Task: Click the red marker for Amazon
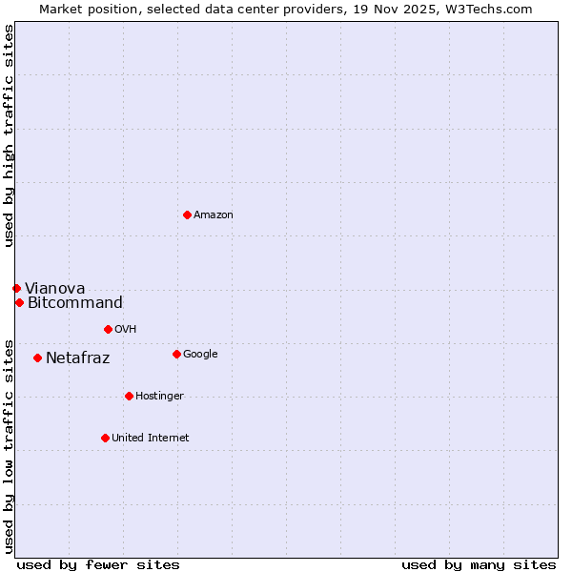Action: click(187, 214)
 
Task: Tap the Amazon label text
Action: click(214, 215)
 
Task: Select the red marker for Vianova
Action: click(16, 288)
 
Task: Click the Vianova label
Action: click(55, 289)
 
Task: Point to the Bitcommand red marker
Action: click(19, 302)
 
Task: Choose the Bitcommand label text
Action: click(75, 303)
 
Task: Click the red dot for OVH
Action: click(108, 329)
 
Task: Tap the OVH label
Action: click(126, 330)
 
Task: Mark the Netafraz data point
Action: click(37, 357)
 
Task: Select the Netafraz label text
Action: click(78, 358)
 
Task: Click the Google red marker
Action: click(176, 354)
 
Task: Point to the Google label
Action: click(200, 355)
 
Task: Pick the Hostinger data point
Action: click(129, 396)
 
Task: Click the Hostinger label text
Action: click(159, 397)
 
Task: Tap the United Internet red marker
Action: click(105, 438)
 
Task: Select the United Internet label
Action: click(151, 439)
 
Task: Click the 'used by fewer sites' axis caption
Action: click(98, 564)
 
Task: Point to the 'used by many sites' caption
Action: click(479, 564)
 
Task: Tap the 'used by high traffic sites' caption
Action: click(9, 135)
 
